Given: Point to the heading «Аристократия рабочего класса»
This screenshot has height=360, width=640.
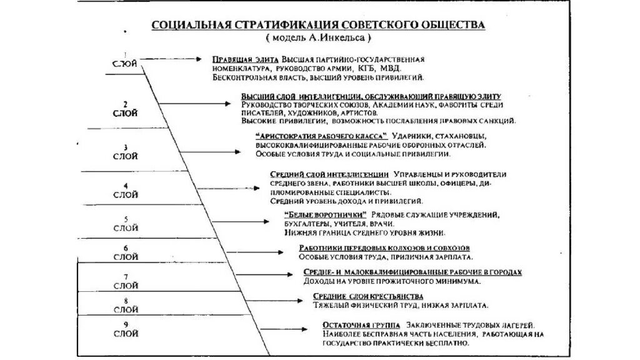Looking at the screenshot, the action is [x=321, y=136].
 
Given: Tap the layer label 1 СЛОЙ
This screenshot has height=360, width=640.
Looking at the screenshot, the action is [x=125, y=61].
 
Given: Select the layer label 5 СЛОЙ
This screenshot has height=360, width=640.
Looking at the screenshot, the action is [x=126, y=224].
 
